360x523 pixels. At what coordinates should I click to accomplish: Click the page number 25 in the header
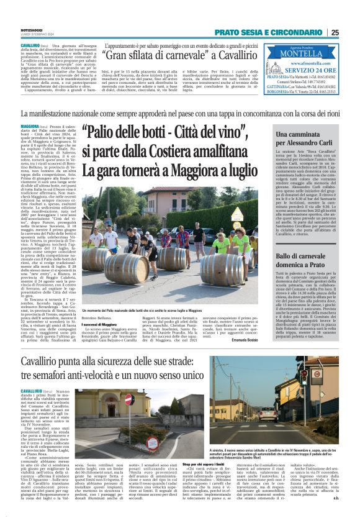pos(352,32)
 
